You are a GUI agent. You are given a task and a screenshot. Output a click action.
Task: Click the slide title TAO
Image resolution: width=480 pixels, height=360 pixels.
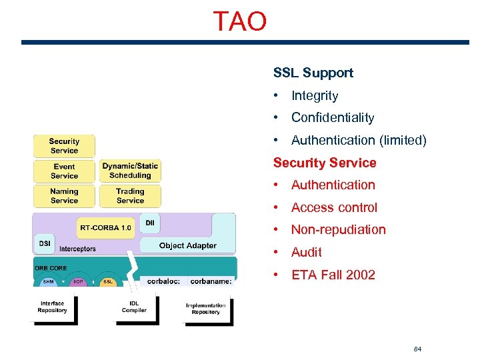(x=240, y=21)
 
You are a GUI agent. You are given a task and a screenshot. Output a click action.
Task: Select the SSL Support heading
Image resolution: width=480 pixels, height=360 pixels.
(x=313, y=73)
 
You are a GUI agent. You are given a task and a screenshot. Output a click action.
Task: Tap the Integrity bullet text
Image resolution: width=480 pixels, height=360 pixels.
(x=315, y=96)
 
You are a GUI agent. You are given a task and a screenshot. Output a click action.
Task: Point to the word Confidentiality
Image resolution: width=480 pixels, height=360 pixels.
(x=333, y=118)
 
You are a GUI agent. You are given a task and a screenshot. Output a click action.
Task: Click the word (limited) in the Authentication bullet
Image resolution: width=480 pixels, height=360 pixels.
(x=403, y=141)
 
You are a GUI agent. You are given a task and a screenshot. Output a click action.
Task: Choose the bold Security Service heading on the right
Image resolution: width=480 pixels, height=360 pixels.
(x=325, y=163)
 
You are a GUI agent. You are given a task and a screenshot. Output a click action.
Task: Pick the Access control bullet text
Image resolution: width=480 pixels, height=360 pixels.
(x=334, y=208)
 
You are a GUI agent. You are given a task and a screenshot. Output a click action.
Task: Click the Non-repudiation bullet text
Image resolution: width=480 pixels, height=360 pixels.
(x=338, y=230)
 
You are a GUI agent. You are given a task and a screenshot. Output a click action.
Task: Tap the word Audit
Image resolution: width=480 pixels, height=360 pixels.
(x=307, y=253)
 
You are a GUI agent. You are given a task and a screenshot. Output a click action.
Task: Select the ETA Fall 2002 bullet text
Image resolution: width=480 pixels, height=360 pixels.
(x=333, y=275)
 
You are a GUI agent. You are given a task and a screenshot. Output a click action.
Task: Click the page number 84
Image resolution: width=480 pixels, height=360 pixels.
(x=418, y=349)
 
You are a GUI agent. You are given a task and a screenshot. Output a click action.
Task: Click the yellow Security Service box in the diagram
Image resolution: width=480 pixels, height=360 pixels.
(x=64, y=146)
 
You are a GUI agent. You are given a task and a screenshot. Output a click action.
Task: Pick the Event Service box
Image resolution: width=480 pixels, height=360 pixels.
(x=64, y=171)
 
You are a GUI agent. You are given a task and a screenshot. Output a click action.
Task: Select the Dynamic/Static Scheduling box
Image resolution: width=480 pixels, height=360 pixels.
(x=130, y=171)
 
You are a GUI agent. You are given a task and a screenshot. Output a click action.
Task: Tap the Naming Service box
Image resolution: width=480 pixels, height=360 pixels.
(x=64, y=196)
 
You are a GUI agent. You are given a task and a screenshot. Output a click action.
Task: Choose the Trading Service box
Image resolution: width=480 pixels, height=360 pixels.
(x=130, y=196)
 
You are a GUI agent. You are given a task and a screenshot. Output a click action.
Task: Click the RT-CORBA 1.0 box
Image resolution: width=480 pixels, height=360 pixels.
(x=105, y=228)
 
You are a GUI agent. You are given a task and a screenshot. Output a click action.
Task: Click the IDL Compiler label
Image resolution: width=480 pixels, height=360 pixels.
(x=134, y=307)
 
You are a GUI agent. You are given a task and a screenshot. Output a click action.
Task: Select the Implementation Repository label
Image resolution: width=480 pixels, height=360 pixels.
(x=206, y=309)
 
